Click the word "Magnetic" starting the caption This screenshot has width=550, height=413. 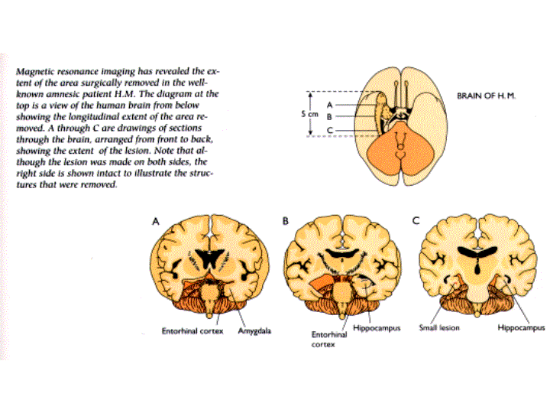pyautogui.click(x=36, y=70)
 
